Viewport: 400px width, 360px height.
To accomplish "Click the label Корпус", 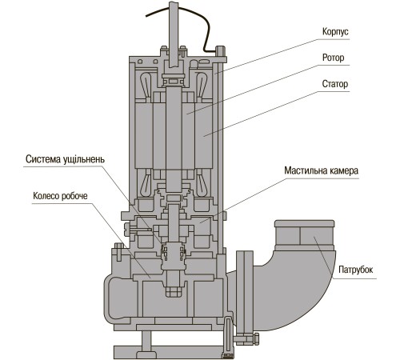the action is click(x=335, y=31).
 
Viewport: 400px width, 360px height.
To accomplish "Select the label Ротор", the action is click(x=333, y=58).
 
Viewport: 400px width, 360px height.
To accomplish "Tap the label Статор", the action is click(x=335, y=84).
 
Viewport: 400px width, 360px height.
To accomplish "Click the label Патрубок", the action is click(x=356, y=270).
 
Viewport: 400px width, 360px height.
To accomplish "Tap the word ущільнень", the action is click(x=84, y=159).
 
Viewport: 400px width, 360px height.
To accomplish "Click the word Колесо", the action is click(x=46, y=196).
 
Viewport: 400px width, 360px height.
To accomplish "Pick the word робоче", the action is click(x=74, y=196).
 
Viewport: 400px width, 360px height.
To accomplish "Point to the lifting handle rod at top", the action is click(x=174, y=32).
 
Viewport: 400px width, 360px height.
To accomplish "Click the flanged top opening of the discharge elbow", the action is click(x=304, y=223).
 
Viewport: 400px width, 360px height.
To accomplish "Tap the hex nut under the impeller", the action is click(x=174, y=291).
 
